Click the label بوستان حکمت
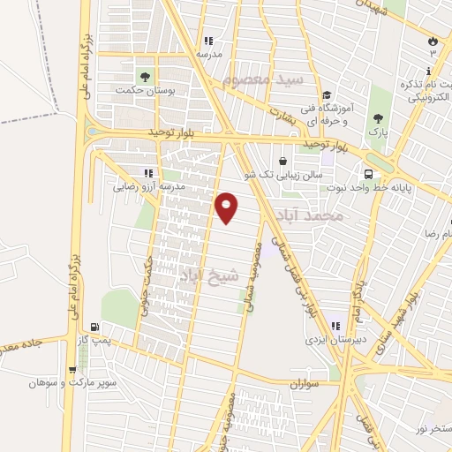coord(147,90)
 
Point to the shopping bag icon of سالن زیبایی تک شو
coord(282,162)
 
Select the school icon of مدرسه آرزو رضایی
coord(148,174)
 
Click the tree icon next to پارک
coord(378,118)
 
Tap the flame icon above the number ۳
coord(433,41)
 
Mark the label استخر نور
coord(432,428)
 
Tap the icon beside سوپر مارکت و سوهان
coord(72,370)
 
